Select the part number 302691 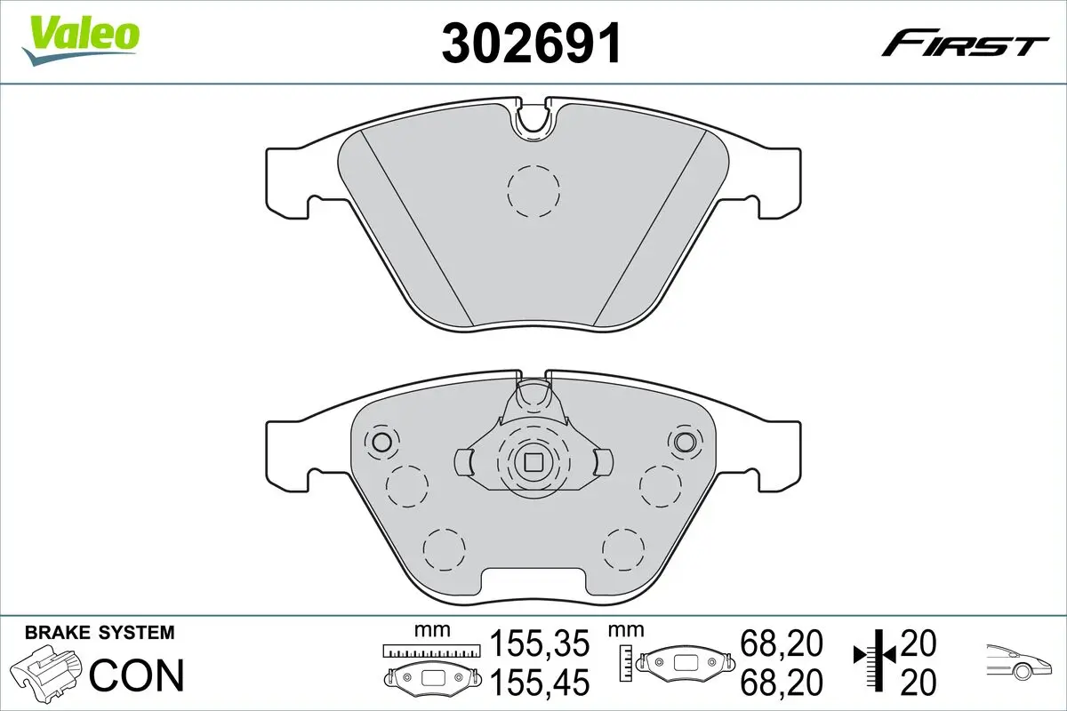532,42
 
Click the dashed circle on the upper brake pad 533,190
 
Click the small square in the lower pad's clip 533,461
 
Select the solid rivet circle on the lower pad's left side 382,442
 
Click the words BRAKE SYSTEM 100,634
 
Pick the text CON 138,675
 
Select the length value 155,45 540,682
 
